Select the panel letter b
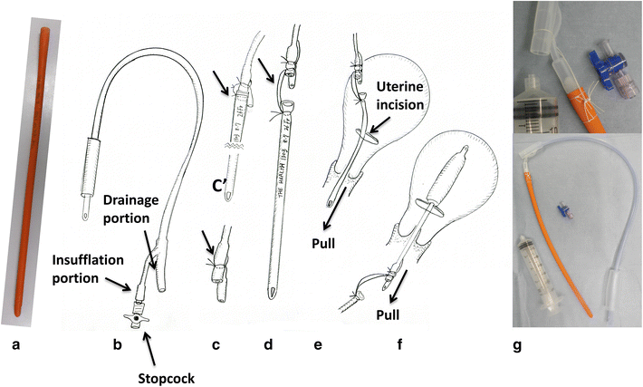pyautogui.click(x=116, y=345)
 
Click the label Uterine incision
pyautogui.click(x=407, y=97)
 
